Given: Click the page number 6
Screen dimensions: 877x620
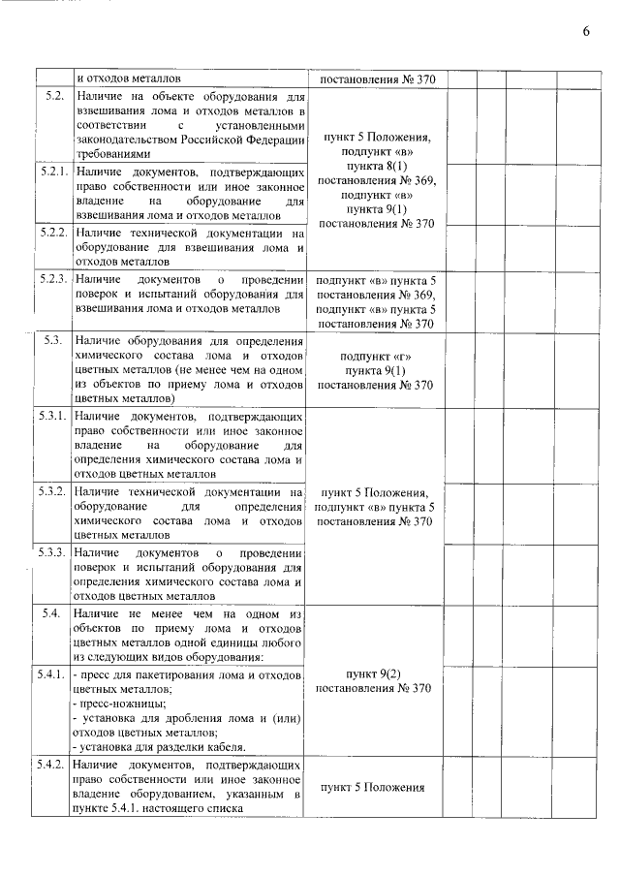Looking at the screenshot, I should (586, 31).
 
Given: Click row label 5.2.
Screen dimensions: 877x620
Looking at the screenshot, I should (54, 96).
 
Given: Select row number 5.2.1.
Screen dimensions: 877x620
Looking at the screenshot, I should (53, 172).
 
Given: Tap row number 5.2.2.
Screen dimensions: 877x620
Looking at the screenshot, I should (53, 234).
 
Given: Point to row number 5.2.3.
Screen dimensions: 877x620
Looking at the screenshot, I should (53, 279).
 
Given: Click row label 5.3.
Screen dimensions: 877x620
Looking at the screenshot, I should (54, 340).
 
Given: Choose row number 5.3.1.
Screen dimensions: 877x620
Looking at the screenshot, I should (53, 416).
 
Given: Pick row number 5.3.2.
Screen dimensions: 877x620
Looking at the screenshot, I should (53, 492).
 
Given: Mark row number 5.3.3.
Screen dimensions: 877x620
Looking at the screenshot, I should (53, 552).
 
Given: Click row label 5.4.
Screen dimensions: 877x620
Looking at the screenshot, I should (54, 613).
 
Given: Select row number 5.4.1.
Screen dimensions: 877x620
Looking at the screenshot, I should (53, 673).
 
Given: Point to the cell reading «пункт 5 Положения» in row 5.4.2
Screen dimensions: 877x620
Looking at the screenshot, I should (373, 787).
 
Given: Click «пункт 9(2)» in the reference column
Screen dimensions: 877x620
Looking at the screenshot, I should (373, 673).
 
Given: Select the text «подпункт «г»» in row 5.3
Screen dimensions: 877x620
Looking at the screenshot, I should (373, 356).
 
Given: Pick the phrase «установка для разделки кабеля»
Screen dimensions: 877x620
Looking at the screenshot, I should (163, 746).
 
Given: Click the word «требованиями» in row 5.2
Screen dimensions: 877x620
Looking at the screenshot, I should (113, 153).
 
